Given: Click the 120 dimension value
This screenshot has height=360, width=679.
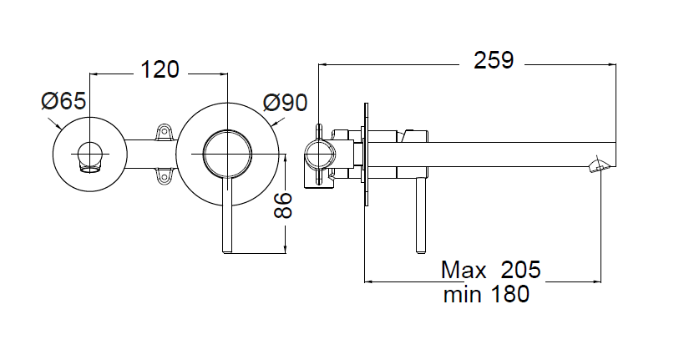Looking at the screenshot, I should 160,69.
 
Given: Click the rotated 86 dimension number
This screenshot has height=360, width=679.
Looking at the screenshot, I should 282,203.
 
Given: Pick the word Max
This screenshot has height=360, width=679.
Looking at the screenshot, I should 464,270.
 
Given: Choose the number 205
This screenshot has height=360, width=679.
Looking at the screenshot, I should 521,270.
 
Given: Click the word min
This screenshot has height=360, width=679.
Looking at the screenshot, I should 464,294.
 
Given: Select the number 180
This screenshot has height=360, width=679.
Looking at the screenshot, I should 509,294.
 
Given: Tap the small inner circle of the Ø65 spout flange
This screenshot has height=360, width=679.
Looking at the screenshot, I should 89,154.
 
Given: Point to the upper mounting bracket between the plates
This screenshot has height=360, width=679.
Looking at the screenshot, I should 164,131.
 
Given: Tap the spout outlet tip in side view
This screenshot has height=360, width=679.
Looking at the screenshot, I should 600,165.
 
